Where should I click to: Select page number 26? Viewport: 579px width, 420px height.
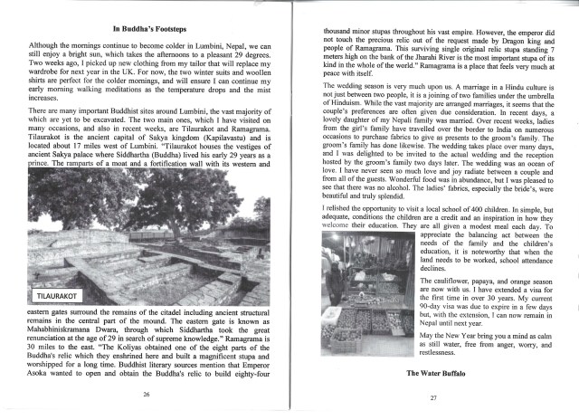pyautogui.click(x=147, y=395)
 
